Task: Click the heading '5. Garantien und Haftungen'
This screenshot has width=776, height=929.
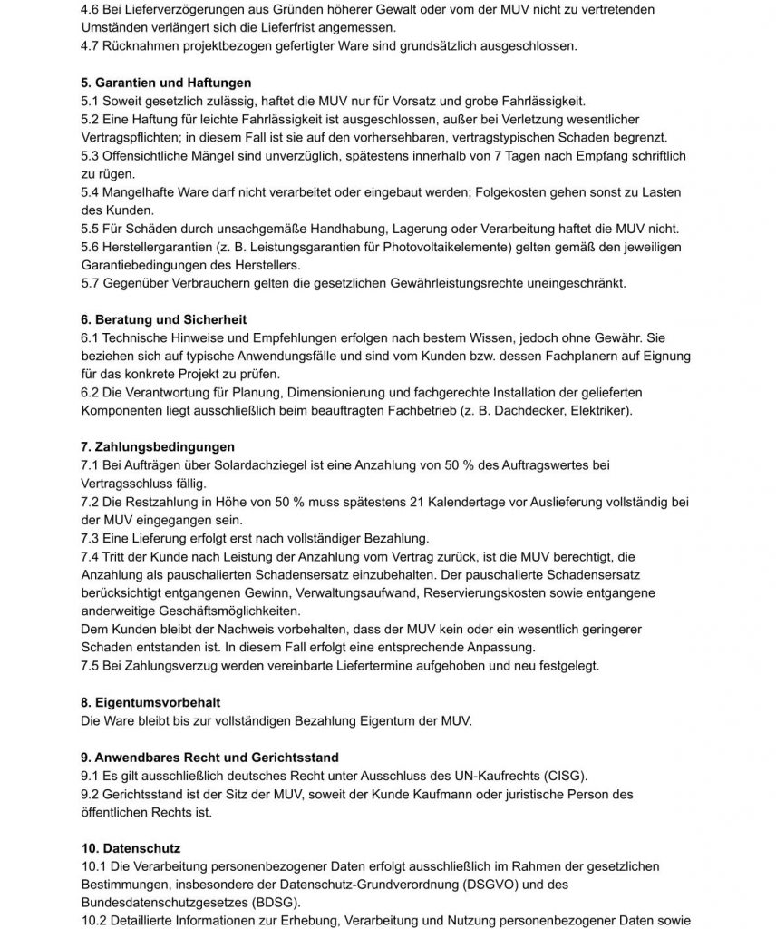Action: click(155, 83)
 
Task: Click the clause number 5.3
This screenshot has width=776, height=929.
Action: click(92, 156)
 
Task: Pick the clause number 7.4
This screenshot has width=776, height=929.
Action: click(92, 556)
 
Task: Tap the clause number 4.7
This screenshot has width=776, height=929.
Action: click(92, 45)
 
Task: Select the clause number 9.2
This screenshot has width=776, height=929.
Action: click(92, 794)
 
